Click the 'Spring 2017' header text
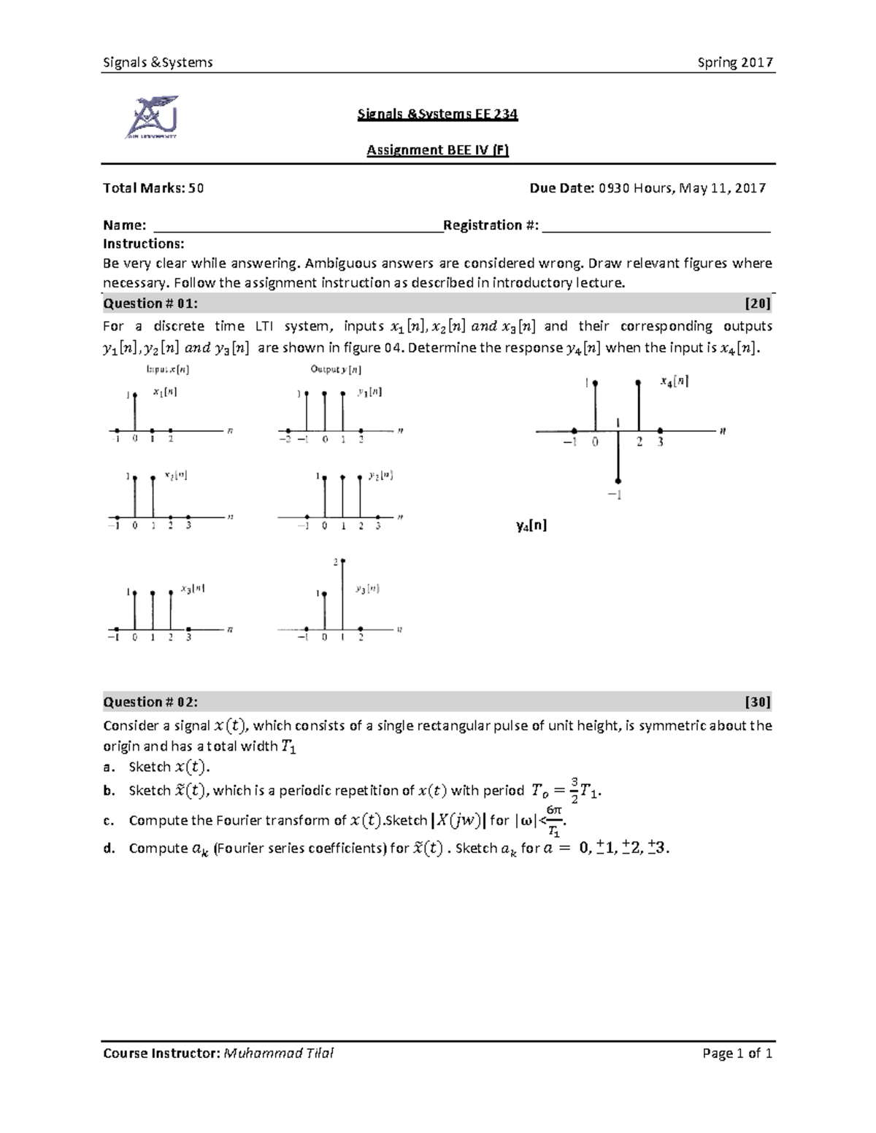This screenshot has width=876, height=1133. tap(735, 63)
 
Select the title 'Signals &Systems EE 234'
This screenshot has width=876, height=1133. tap(437, 114)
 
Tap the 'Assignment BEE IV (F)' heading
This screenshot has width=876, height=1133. tap(437, 150)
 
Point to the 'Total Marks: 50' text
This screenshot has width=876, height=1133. tap(153, 188)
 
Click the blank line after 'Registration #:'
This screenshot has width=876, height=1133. tap(657, 226)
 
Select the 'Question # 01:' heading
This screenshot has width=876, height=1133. tap(150, 303)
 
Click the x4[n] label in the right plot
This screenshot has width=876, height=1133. tap(674, 381)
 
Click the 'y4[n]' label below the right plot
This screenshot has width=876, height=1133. tap(531, 525)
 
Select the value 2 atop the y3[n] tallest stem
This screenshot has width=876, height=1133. tap(336, 562)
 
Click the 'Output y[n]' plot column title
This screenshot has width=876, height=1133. tap(336, 369)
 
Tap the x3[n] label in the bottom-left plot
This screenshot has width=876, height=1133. tap(192, 589)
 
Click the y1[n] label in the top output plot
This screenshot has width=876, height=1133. tap(369, 392)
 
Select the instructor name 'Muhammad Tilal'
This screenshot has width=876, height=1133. tap(279, 1053)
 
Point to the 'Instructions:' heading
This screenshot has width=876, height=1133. tap(144, 244)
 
